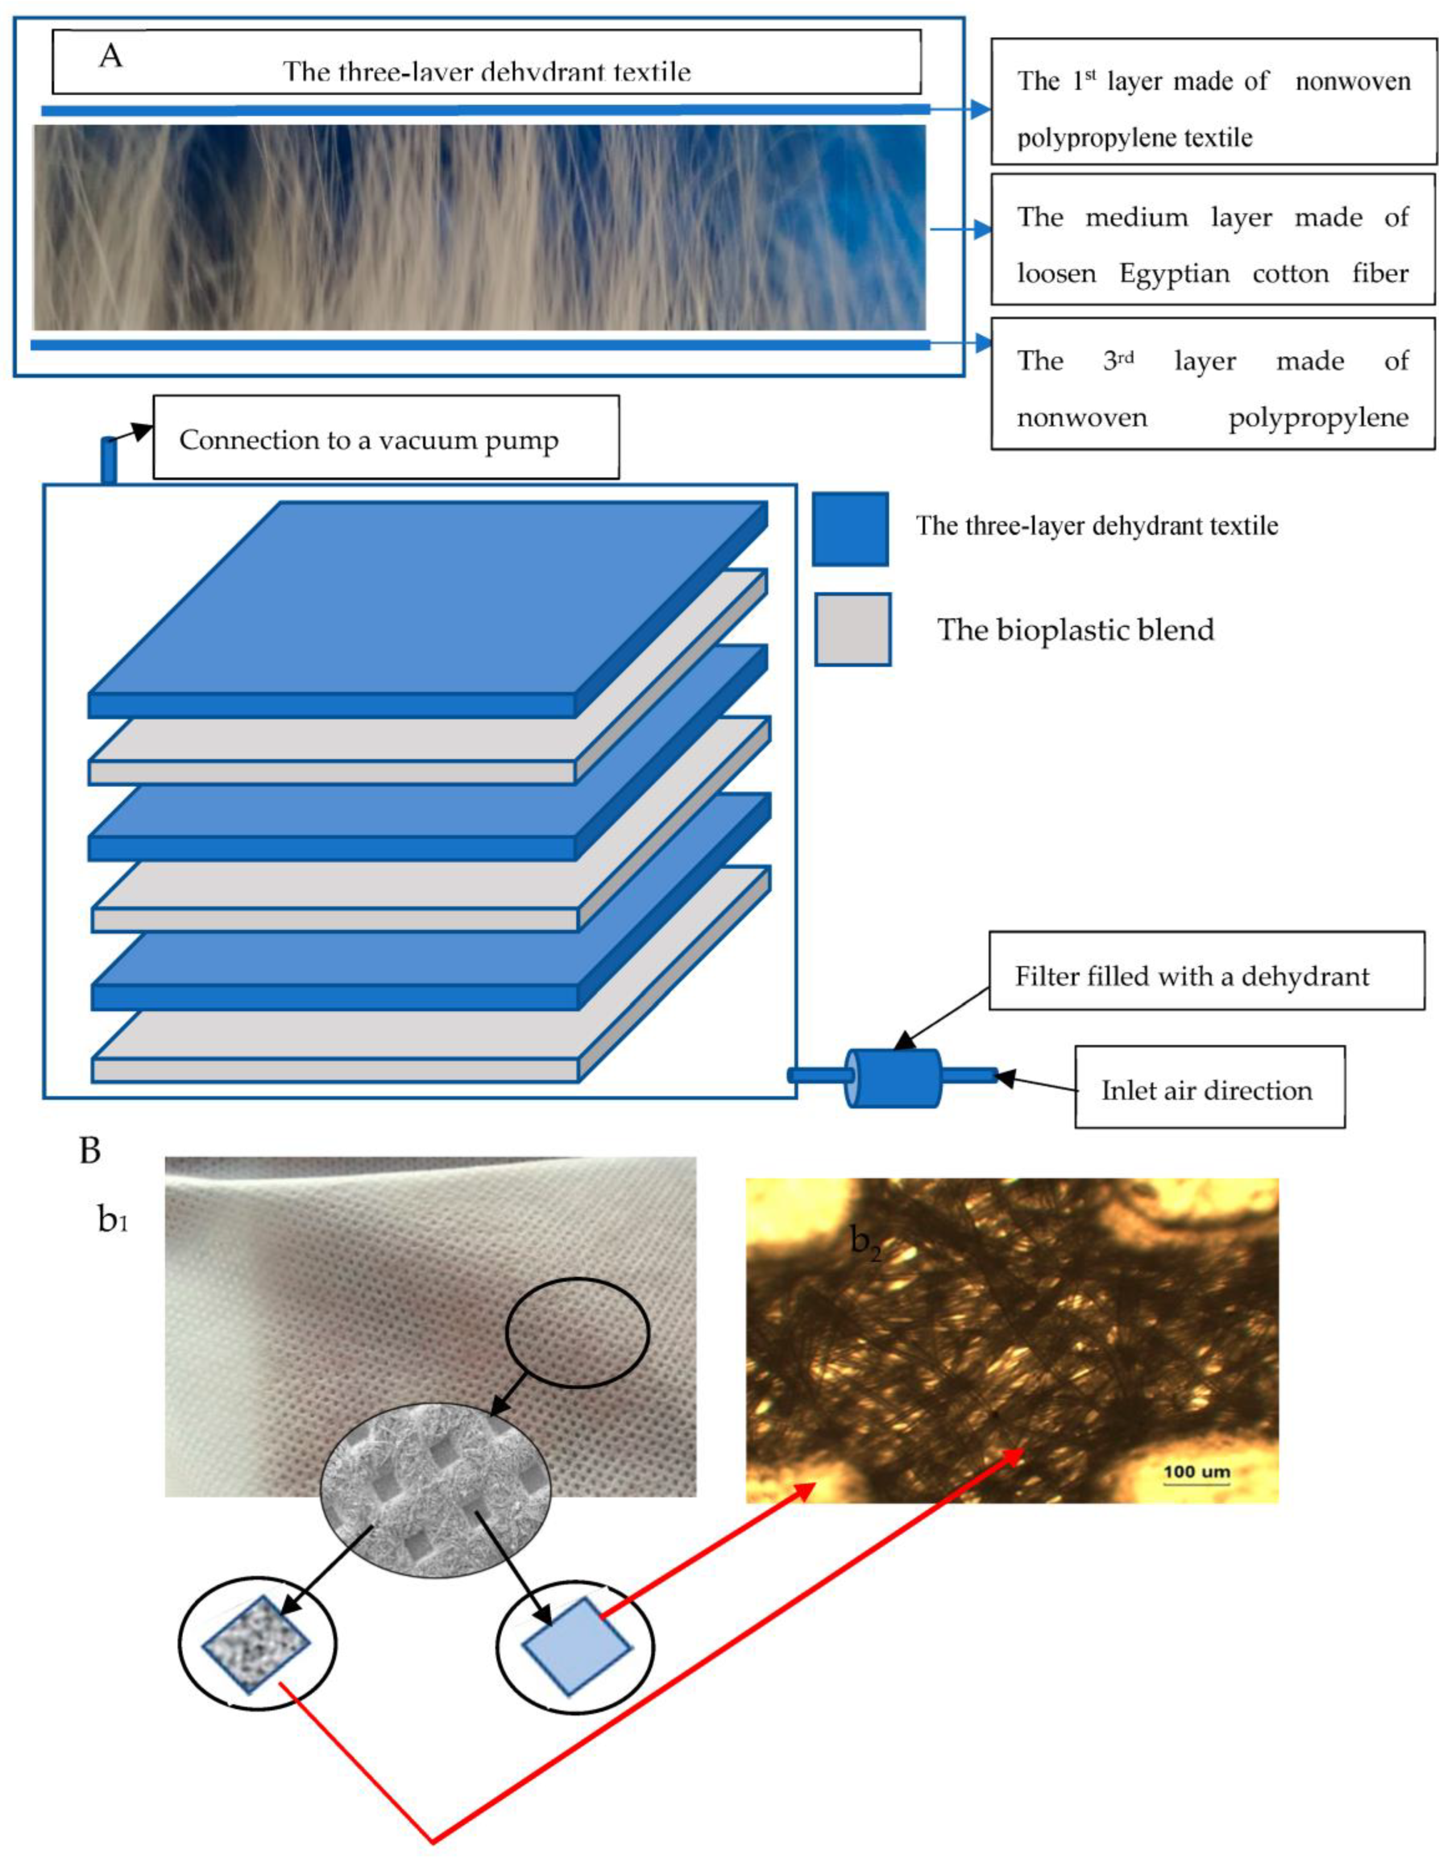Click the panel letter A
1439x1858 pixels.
coord(111,56)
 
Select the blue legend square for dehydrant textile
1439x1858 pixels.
coord(850,528)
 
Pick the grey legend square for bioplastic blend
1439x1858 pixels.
coord(852,629)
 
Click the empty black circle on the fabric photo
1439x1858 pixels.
coord(577,1332)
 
